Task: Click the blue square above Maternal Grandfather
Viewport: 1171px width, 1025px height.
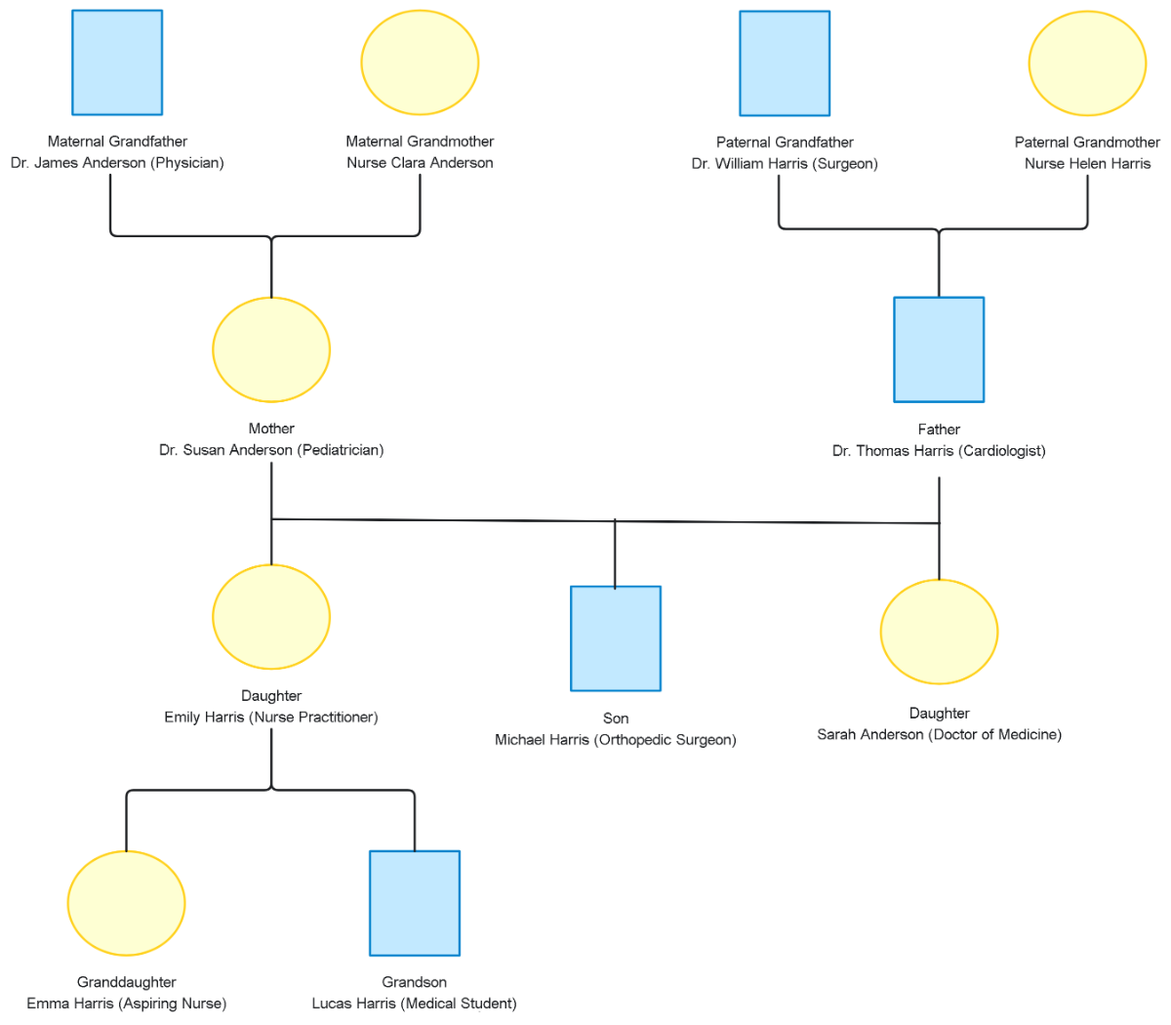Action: click(117, 62)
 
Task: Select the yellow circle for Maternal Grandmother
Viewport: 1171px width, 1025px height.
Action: click(420, 62)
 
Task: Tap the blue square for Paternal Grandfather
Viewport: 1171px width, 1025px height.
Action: click(785, 63)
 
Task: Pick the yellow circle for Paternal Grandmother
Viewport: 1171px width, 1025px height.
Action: click(1087, 63)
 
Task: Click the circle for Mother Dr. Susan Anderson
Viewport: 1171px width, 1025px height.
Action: click(271, 349)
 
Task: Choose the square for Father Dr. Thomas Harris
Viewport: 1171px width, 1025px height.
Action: click(939, 349)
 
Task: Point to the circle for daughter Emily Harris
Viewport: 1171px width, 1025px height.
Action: click(271, 617)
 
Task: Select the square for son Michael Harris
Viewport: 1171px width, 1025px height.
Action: click(616, 638)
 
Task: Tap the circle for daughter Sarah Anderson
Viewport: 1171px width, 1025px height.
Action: click(939, 632)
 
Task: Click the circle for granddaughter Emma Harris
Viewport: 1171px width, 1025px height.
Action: click(126, 903)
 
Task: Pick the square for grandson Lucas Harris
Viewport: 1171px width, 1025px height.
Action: click(415, 903)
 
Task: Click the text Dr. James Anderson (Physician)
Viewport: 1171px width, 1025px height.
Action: click(117, 163)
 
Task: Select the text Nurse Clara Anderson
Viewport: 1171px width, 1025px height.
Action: click(420, 163)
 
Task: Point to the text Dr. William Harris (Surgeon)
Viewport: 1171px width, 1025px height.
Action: click(785, 164)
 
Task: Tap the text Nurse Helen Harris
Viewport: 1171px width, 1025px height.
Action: click(1087, 164)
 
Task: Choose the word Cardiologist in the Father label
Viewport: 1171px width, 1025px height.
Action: click(1001, 451)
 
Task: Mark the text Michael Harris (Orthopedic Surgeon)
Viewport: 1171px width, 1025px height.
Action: click(616, 740)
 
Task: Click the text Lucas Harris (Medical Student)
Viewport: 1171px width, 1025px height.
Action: click(415, 1004)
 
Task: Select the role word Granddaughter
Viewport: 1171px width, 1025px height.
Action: click(126, 982)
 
